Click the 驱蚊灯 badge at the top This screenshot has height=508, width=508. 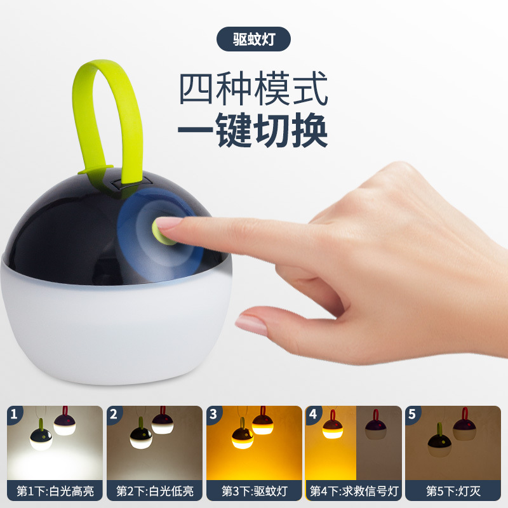(253, 39)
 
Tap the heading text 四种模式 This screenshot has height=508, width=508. (253, 90)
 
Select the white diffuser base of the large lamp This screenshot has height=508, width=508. (121, 330)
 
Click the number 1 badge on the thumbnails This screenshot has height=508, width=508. (15, 414)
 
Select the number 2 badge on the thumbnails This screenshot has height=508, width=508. (114, 414)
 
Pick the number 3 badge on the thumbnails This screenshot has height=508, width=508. (214, 414)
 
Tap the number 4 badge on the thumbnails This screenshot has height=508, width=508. (313, 414)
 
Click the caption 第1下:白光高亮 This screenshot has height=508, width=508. (55, 491)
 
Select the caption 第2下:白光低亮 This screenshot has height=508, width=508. (154, 491)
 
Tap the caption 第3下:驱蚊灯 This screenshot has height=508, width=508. (254, 491)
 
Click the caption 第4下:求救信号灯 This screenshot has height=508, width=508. (353, 491)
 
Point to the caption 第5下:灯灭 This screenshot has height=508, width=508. (453, 491)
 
